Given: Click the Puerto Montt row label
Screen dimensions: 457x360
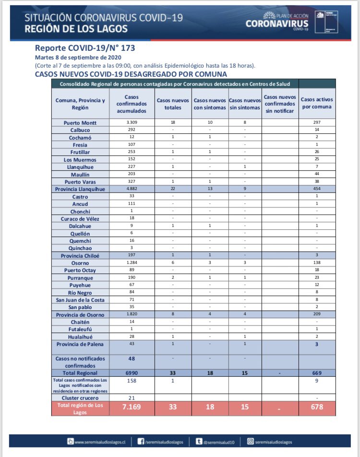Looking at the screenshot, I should coord(81,123).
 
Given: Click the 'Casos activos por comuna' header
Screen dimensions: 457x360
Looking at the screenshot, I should coord(317,103).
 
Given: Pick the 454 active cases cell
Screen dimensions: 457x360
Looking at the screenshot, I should coord(317,190).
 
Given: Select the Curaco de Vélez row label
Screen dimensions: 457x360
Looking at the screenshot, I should coord(81,218).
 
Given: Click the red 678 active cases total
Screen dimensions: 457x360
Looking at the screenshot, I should coord(317,407).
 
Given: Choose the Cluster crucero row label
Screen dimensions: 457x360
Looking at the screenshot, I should coord(81,397).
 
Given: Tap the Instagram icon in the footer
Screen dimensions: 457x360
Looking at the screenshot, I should coord(250,442).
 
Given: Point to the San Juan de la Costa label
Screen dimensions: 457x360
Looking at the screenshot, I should coord(81,300).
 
